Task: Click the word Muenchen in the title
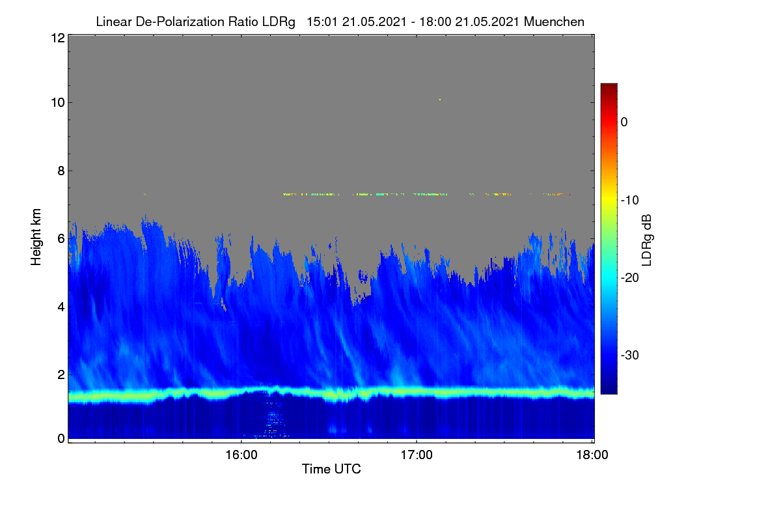(554, 21)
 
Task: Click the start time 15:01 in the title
(322, 21)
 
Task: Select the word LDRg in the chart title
(279, 22)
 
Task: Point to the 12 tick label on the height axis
(58, 38)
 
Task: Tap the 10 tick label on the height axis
(58, 103)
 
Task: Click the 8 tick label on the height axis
(61, 171)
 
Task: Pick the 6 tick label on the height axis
(61, 239)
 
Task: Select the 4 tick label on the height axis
(61, 307)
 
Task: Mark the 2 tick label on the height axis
(61, 374)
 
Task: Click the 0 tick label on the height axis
(61, 439)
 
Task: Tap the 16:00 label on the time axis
(241, 455)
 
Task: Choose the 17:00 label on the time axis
(417, 455)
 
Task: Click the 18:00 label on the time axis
(592, 455)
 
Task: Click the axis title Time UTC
(331, 469)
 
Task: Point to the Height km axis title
(36, 237)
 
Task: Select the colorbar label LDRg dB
(646, 240)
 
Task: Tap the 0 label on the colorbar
(624, 122)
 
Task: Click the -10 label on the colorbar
(630, 201)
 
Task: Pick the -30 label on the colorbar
(630, 355)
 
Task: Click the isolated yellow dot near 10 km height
(440, 100)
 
